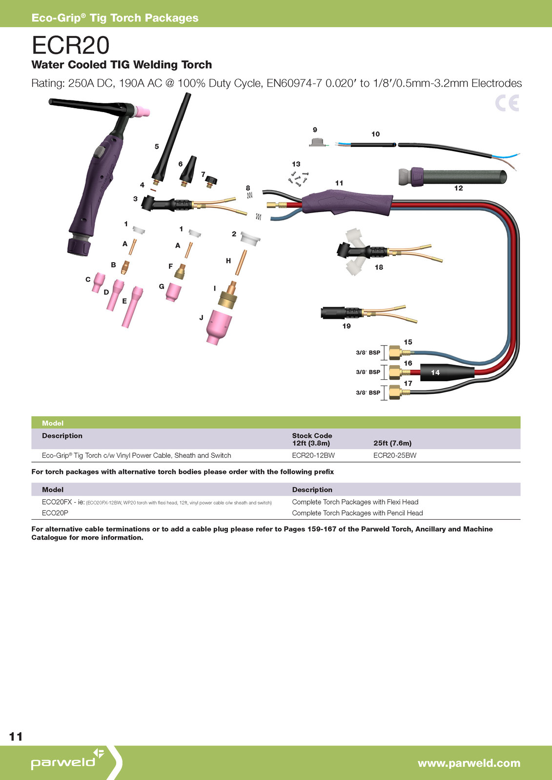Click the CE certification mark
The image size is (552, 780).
pyautogui.click(x=507, y=103)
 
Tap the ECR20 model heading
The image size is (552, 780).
pyautogui.click(x=70, y=45)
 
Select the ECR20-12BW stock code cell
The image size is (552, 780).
pyautogui.click(x=313, y=455)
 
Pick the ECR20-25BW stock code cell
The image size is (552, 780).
pyautogui.click(x=395, y=455)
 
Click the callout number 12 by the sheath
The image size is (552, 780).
pyautogui.click(x=458, y=188)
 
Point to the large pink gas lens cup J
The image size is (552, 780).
pyautogui.click(x=219, y=327)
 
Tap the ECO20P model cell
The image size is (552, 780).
pyautogui.click(x=55, y=513)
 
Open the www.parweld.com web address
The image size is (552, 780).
pyautogui.click(x=469, y=763)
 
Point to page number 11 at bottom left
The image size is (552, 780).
pyautogui.click(x=16, y=736)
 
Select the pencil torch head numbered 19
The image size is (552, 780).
pyautogui.click(x=342, y=312)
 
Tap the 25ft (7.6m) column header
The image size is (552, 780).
pyautogui.click(x=392, y=443)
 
